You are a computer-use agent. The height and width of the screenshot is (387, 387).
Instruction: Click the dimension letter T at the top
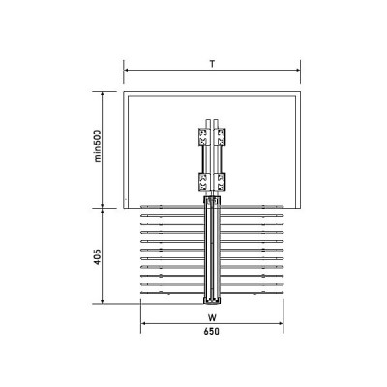coord(212,64)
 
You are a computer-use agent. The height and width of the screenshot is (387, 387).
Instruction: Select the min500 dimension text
coord(98,145)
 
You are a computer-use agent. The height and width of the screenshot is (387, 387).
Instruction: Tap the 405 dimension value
coord(98,256)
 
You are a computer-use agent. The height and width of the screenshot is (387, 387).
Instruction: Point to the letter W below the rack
coord(212,318)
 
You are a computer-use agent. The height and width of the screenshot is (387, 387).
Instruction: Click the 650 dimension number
coord(212,331)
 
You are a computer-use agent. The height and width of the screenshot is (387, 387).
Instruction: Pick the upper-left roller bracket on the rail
coord(203,136)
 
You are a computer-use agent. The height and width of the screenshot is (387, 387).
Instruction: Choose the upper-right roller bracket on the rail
coord(221,136)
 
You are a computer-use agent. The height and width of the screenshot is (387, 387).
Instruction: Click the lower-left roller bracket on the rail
coord(203,182)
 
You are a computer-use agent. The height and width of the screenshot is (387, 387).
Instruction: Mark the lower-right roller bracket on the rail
coord(221,182)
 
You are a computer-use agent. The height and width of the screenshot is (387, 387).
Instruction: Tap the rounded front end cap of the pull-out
coord(212,301)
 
